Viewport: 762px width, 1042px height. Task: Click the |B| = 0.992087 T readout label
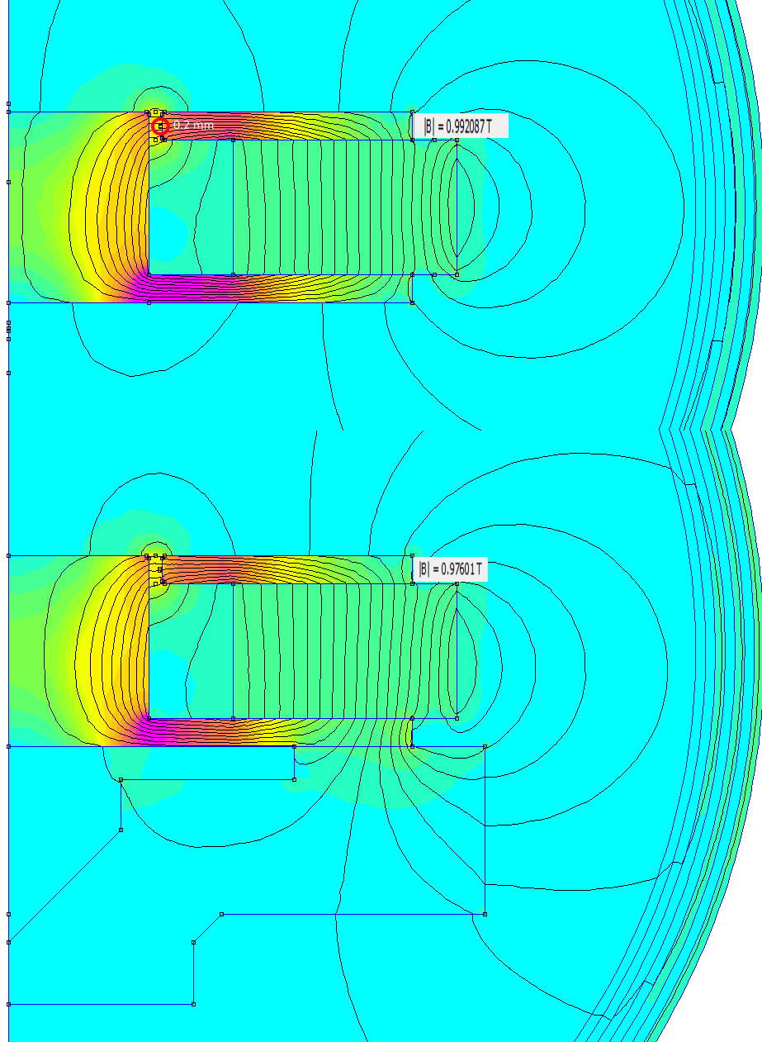pos(461,126)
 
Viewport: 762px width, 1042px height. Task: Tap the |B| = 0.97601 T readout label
pos(450,569)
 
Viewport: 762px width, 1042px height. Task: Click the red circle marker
pos(160,126)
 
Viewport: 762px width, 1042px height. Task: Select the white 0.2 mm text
pos(193,125)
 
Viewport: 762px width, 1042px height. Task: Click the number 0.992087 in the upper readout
pos(465,126)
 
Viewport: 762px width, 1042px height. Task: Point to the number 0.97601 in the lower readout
pos(457,569)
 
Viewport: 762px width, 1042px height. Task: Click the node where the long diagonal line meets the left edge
pos(8,943)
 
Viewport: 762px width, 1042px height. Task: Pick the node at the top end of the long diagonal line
pos(121,830)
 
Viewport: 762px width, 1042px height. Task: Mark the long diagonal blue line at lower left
pos(64,886)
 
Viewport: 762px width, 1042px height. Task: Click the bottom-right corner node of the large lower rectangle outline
pos(485,914)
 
